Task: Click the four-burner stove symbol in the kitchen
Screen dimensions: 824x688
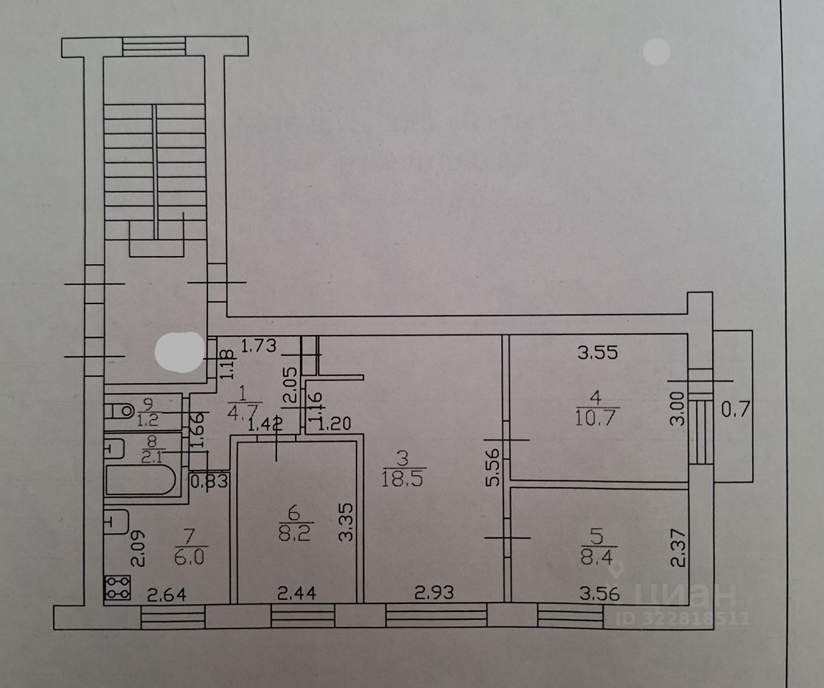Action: [x=117, y=588]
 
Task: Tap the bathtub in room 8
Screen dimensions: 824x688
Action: [x=141, y=480]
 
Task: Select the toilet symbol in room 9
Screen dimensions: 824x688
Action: [x=119, y=411]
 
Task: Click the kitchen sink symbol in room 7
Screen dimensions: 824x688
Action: [x=116, y=522]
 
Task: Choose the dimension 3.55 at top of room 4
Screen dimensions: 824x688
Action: [x=598, y=352]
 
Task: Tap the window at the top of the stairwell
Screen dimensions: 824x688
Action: [x=154, y=47]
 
